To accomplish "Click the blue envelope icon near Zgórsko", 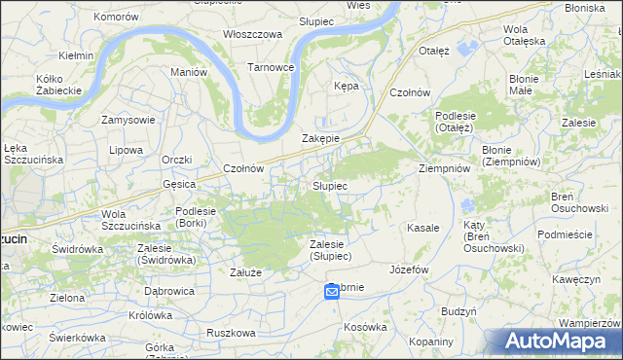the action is tap(331, 292).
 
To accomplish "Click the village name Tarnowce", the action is tap(270, 67).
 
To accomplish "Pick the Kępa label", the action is tap(347, 86).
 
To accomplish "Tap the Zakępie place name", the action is tap(320, 138).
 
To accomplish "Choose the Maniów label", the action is tap(189, 72).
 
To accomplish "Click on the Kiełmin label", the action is tap(75, 55).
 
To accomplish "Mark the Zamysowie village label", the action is tap(129, 120).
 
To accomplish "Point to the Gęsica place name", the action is tap(180, 183).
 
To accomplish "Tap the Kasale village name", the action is tap(423, 227).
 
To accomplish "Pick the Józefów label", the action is tap(409, 269).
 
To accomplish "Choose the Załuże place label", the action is tap(245, 272).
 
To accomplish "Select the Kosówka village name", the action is tap(365, 327).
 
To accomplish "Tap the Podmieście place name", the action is tap(570, 234).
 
